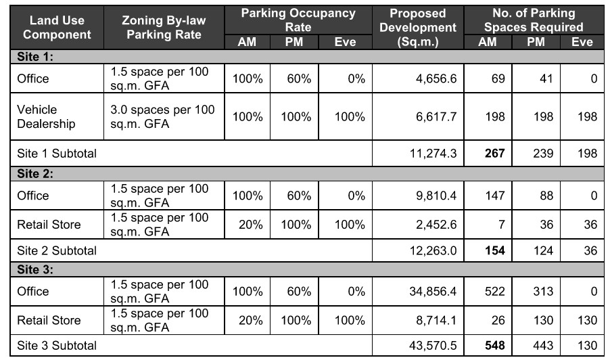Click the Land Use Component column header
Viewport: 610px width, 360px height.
(x=53, y=28)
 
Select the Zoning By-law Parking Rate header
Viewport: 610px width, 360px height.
(x=164, y=28)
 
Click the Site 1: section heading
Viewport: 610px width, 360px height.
(x=35, y=58)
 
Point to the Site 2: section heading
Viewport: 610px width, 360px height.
(x=35, y=174)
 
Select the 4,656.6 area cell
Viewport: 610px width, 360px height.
(x=437, y=78)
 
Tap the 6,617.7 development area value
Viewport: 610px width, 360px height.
(x=437, y=116)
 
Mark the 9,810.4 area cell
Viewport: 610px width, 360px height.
(x=437, y=196)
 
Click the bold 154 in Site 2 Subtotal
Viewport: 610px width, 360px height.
(x=493, y=250)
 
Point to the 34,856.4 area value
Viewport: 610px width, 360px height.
(x=433, y=292)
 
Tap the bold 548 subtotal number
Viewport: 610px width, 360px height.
(x=493, y=346)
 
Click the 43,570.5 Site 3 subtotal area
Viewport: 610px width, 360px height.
(x=433, y=346)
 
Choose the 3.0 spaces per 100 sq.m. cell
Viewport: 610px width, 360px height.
(x=162, y=116)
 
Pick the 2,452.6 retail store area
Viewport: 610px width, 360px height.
(x=437, y=225)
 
